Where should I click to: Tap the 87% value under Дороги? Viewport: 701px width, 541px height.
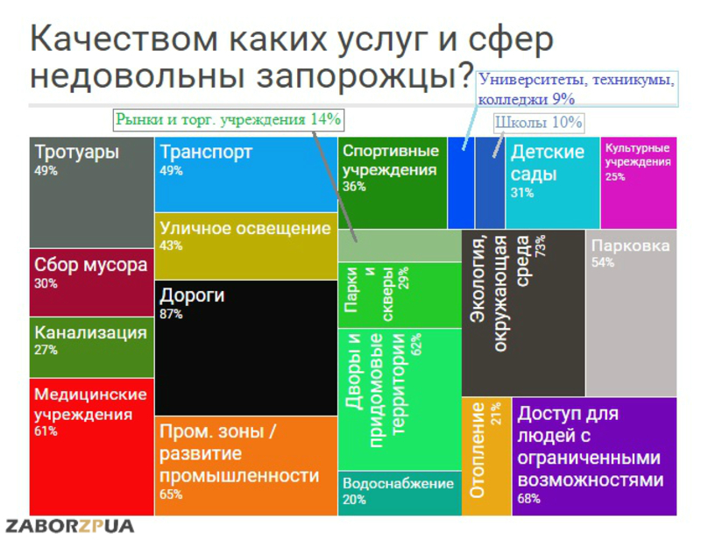[172, 313]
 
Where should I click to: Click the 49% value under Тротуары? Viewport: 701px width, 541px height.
[46, 171]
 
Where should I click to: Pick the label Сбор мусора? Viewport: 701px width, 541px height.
[91, 265]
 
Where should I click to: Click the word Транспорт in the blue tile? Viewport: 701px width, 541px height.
[206, 152]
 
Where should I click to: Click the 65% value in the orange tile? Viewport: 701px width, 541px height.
[172, 495]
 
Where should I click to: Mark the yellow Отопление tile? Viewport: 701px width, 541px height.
[485, 456]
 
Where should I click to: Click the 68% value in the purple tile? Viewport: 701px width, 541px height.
[529, 499]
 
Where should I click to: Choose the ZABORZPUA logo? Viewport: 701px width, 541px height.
[70, 527]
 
